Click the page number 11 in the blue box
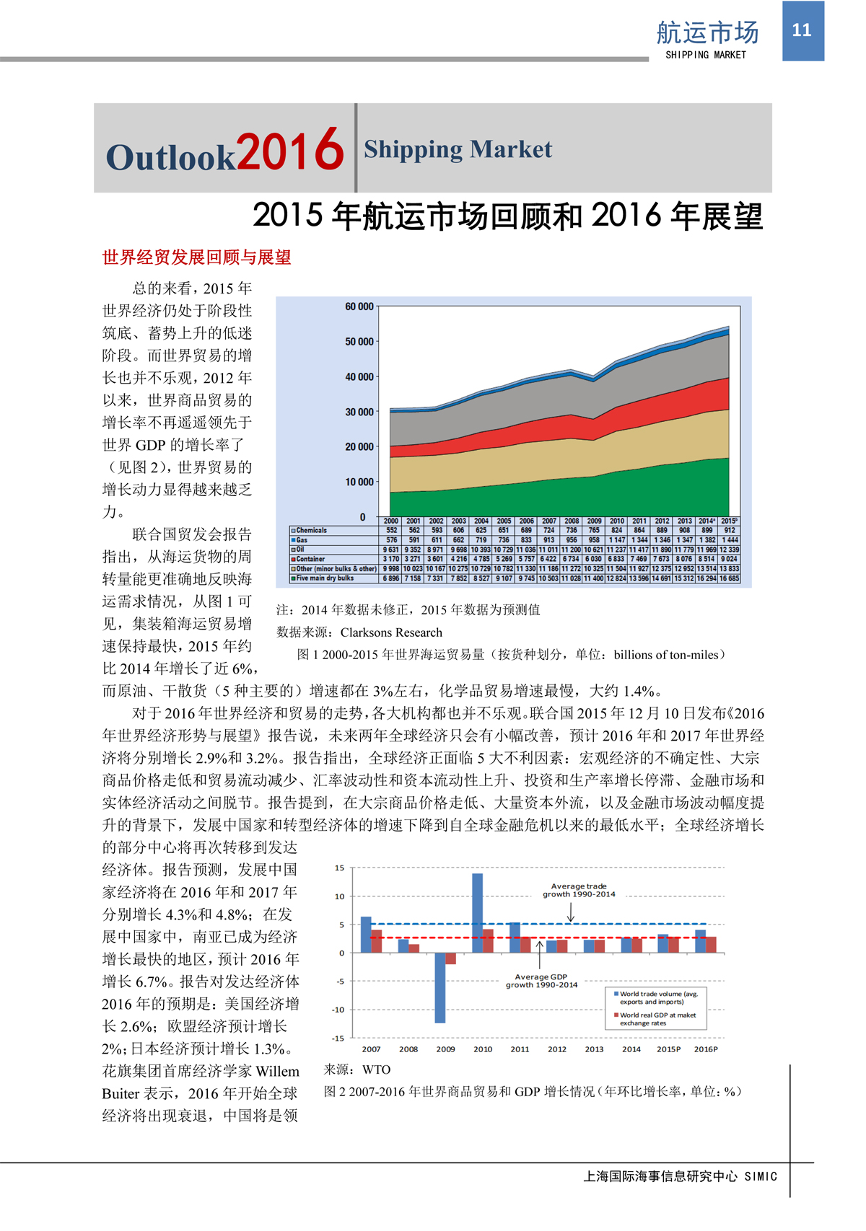click(x=802, y=30)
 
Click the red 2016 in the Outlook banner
click(x=290, y=150)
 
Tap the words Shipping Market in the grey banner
click(x=458, y=149)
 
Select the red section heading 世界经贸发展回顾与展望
click(x=196, y=257)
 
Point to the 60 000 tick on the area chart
click(x=359, y=306)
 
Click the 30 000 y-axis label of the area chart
click(x=359, y=412)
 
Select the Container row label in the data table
click(x=310, y=559)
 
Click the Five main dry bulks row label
click(x=325, y=578)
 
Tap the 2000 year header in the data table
click(x=391, y=521)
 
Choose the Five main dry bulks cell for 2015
click(x=729, y=578)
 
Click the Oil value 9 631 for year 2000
click(x=391, y=550)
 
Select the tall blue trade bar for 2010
click(x=478, y=913)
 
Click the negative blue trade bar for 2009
click(x=440, y=987)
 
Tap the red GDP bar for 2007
click(x=377, y=941)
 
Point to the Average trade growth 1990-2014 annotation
click(x=579, y=890)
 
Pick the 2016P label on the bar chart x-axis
click(x=706, y=1049)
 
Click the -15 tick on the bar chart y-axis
click(x=338, y=1038)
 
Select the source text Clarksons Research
click(x=391, y=632)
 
